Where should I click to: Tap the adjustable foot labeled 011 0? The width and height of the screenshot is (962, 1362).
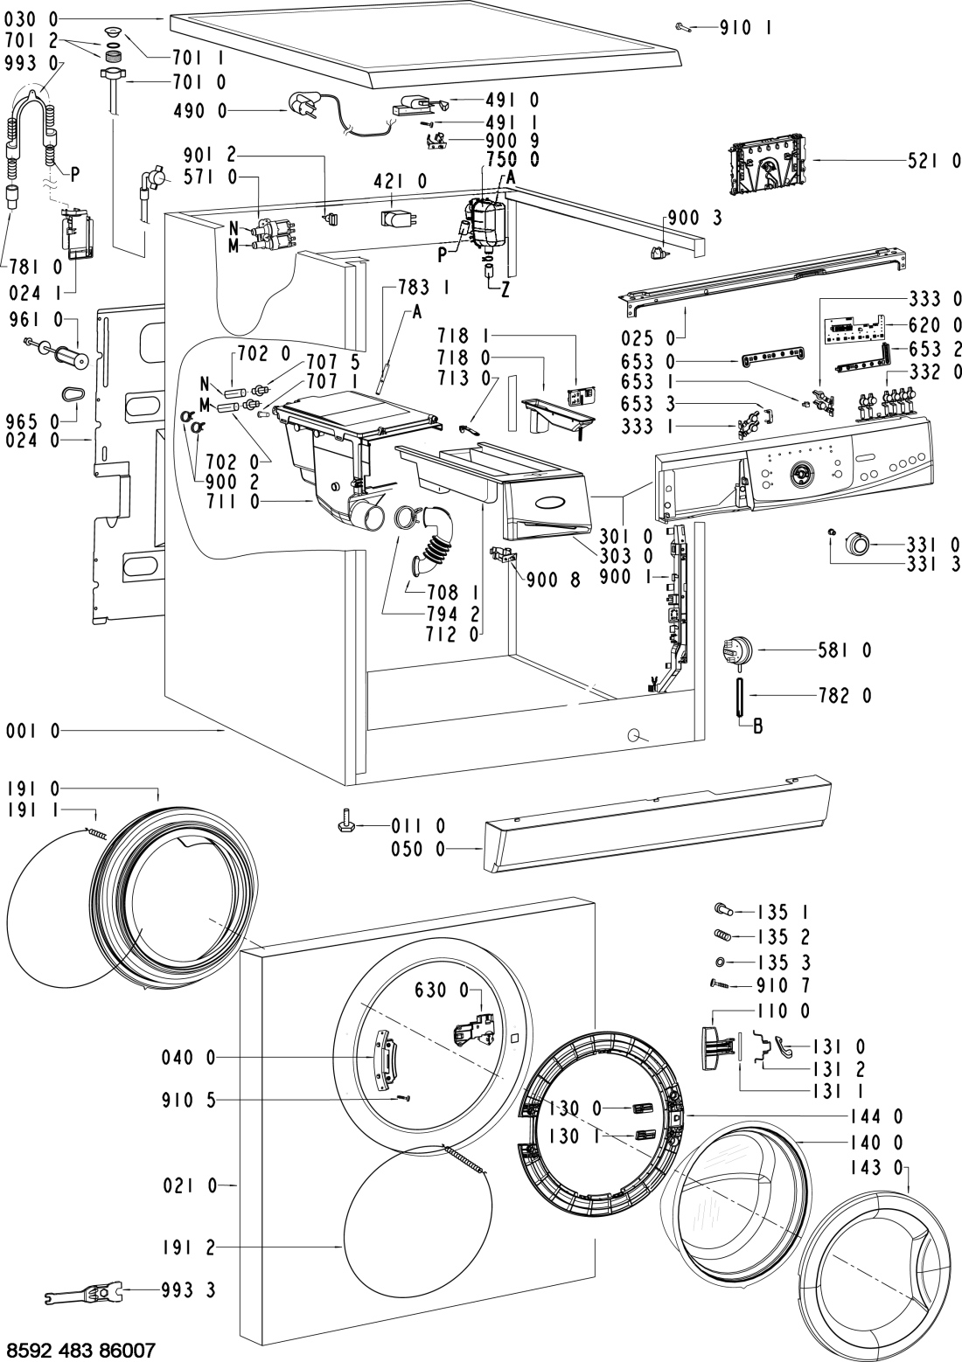point(345,821)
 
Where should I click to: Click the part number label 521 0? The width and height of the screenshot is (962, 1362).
point(932,161)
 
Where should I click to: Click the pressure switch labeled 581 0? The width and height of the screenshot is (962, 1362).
point(735,652)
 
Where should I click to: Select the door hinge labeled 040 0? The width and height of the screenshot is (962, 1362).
point(383,1058)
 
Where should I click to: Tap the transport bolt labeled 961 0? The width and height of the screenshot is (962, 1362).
point(59,355)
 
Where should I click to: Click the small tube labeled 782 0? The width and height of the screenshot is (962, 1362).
point(740,696)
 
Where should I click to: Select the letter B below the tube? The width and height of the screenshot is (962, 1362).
point(757,726)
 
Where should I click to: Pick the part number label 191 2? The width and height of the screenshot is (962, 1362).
point(187,1248)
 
